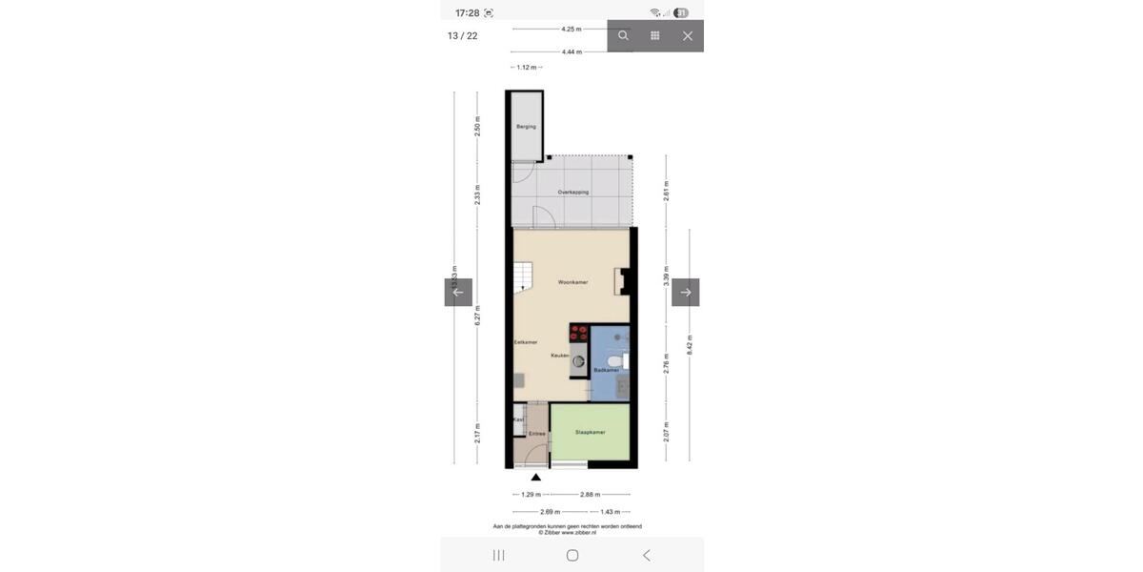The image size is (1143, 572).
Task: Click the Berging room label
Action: tap(526, 127)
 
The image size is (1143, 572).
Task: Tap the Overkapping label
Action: tap(572, 193)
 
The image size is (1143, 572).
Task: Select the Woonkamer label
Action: tap(572, 283)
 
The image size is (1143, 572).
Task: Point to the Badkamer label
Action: tap(606, 370)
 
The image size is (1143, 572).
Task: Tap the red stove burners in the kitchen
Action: tap(579, 333)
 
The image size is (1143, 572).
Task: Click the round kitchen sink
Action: tap(578, 362)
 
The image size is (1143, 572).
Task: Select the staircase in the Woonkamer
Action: tap(523, 279)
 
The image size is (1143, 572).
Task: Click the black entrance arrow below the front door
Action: tap(536, 477)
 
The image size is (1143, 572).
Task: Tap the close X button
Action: tap(688, 36)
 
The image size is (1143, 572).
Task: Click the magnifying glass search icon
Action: tap(623, 36)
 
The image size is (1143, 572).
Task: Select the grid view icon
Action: tap(655, 36)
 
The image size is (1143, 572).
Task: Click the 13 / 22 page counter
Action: tap(463, 36)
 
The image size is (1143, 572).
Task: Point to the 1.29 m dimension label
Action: tap(531, 495)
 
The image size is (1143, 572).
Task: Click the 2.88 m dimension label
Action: tap(591, 495)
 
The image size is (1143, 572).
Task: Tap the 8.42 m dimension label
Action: tap(690, 344)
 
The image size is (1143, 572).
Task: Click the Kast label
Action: tap(519, 419)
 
